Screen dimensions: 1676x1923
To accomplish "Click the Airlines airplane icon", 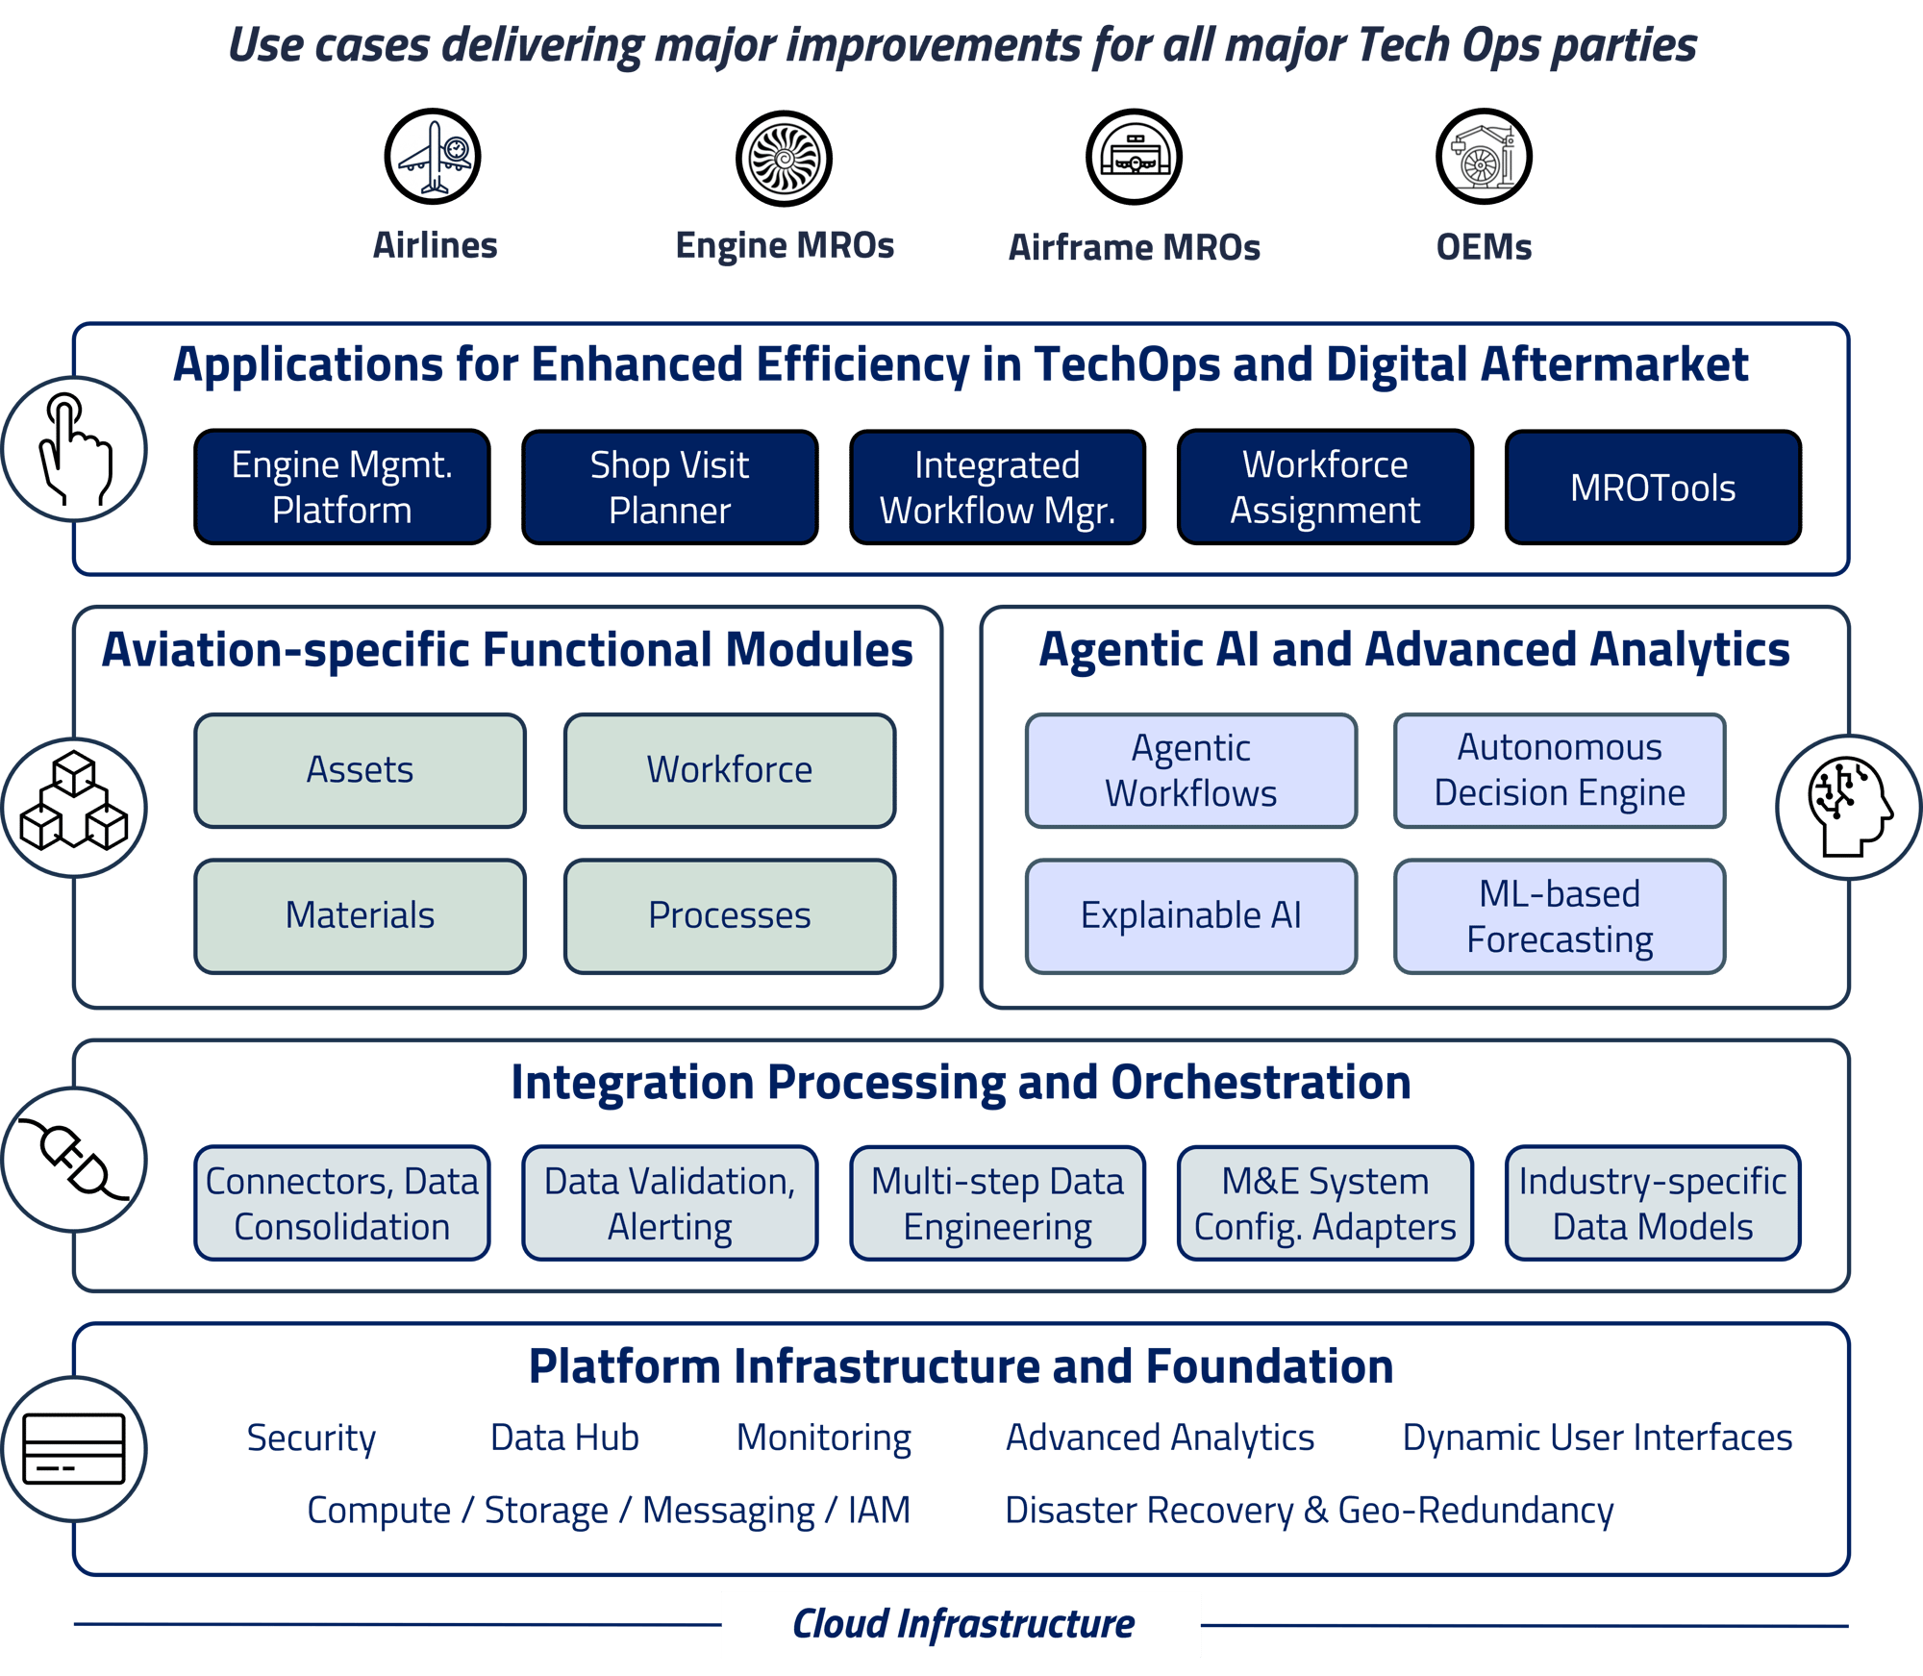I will [433, 156].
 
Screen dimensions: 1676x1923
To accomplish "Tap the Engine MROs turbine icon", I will [784, 158].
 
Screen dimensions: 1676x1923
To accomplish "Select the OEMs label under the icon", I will [1484, 247].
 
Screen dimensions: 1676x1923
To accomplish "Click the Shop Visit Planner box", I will [669, 488].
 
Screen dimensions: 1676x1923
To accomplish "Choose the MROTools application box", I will [1652, 488].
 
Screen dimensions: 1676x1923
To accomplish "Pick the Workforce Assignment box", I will [1324, 488].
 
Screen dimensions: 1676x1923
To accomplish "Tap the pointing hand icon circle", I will [75, 449].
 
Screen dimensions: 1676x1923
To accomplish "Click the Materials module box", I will [361, 915].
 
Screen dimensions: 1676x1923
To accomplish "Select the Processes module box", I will [730, 915].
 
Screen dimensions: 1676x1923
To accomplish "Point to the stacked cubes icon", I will [75, 806].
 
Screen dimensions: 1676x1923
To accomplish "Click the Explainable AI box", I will [1190, 915].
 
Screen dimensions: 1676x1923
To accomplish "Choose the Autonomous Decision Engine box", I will [1559, 770].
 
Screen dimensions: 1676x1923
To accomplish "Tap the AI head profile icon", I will [1848, 806].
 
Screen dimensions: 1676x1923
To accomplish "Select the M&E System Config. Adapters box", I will [1324, 1203].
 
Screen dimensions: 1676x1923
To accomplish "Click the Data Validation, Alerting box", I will [669, 1203].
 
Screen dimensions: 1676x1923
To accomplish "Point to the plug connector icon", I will [75, 1160].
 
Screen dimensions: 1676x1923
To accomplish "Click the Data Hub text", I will [564, 1438].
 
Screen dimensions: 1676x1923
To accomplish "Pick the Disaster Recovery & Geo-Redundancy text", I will [1309, 1510].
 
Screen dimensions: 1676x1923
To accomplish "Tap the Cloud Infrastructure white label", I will [961, 1624].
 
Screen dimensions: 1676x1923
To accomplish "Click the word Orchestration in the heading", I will [1261, 1083].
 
